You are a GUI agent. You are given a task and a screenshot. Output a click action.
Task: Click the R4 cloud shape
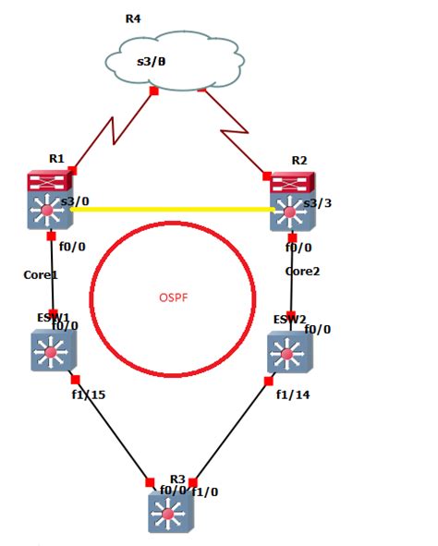176,63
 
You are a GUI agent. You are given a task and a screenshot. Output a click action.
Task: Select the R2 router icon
292,201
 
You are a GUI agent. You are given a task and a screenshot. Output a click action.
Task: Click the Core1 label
41,274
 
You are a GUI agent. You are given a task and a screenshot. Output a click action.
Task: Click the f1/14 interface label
294,394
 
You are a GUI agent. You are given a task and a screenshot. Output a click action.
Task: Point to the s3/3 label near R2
317,202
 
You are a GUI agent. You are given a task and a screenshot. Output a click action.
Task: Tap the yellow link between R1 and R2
172,210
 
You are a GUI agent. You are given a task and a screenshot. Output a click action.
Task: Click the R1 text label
55,158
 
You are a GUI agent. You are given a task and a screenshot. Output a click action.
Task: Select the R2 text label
298,160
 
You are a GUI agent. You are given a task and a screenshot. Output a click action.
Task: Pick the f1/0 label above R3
205,491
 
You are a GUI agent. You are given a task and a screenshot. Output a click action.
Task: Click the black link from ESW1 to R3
111,430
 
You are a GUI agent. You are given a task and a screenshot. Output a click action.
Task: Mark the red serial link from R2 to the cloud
233,129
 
